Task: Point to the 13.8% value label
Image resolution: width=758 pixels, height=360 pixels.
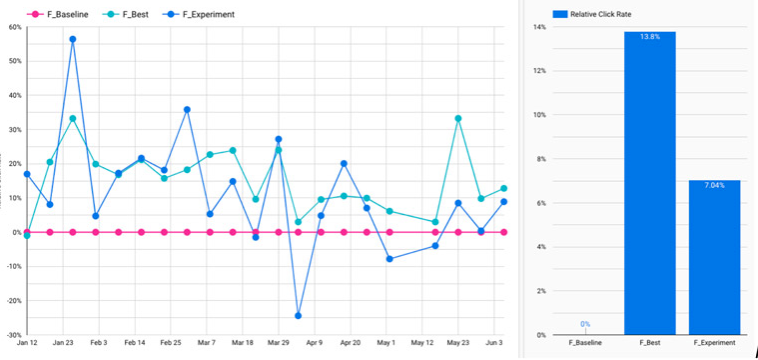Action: point(650,36)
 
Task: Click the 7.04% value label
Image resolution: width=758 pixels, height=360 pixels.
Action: point(714,185)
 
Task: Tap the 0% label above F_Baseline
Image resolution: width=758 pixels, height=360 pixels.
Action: point(585,324)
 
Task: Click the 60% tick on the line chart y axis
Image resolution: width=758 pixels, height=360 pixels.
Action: point(15,27)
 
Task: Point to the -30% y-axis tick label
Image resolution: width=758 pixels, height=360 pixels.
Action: point(14,335)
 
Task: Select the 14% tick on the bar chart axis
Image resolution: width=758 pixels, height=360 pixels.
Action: point(539,27)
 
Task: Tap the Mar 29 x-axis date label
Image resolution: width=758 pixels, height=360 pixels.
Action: point(279,342)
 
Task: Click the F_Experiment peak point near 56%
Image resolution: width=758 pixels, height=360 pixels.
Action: point(72,39)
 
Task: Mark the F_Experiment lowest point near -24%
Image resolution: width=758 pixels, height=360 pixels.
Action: point(298,316)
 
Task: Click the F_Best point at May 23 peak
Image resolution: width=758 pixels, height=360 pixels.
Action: point(458,118)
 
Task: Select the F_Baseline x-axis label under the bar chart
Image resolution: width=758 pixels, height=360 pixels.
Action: point(585,343)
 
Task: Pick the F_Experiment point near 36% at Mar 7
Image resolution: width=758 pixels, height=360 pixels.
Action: point(187,109)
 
